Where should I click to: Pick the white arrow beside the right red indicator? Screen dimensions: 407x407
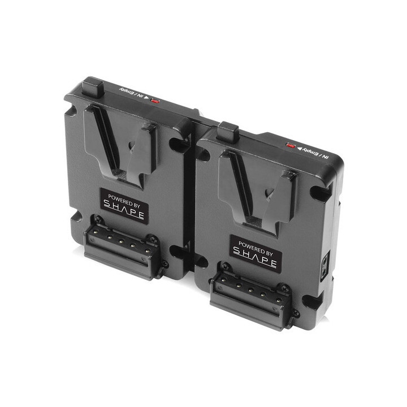tap(299, 148)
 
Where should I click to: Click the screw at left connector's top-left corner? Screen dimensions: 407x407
tap(98, 220)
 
